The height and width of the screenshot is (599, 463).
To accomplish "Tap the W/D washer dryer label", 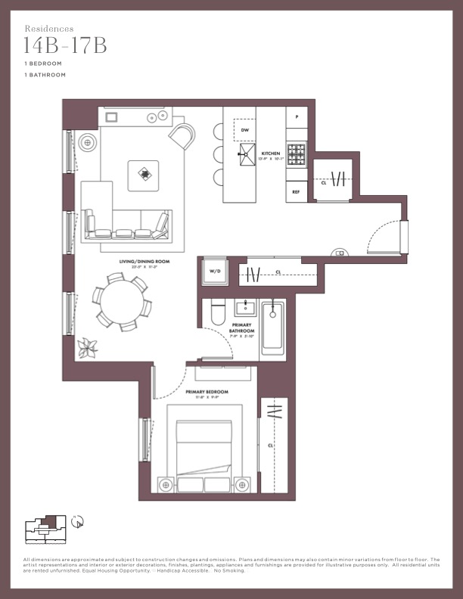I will pyautogui.click(x=214, y=272).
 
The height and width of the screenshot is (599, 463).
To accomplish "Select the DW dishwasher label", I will pyautogui.click(x=244, y=130).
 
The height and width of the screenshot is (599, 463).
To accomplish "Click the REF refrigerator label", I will pyautogui.click(x=297, y=192).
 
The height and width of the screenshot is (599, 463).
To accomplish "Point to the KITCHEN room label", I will pyautogui.click(x=271, y=154).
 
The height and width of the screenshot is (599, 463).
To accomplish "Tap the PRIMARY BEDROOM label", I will pyautogui.click(x=207, y=393).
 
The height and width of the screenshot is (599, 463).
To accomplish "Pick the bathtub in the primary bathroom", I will pyautogui.click(x=272, y=328).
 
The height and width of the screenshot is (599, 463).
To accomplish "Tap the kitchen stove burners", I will pyautogui.click(x=296, y=154).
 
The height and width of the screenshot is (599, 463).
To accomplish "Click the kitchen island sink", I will pyautogui.click(x=246, y=157).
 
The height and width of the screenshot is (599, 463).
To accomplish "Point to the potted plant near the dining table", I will pyautogui.click(x=89, y=347).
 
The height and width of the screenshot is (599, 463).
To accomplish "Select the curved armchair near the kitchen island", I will pyautogui.click(x=182, y=136).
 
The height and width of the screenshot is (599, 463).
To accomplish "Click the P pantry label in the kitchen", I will pyautogui.click(x=297, y=117).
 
